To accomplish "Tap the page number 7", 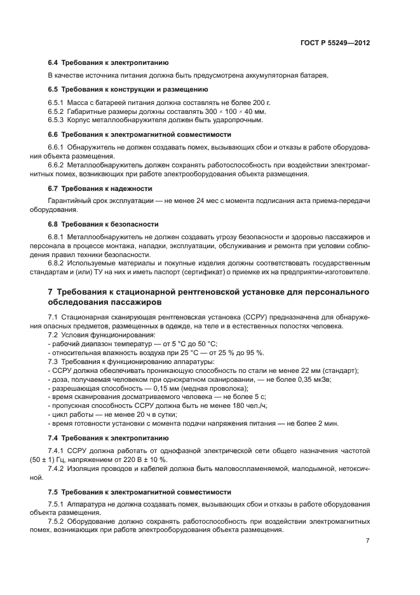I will pyautogui.click(x=367, y=540).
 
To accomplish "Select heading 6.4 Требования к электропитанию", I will pyautogui.click(x=109, y=63).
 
